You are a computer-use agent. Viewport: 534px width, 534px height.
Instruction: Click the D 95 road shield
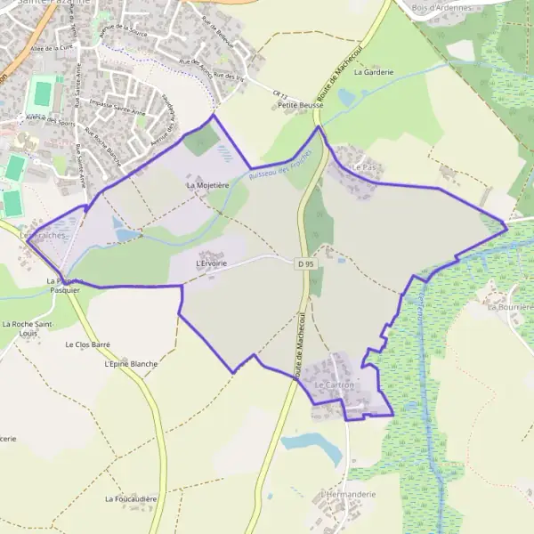pos(306,263)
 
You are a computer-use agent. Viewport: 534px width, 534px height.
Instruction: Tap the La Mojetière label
pos(207,185)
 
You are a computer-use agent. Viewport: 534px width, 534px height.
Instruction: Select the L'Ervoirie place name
pos(211,263)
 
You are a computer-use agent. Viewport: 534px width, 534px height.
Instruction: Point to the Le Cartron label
pos(335,385)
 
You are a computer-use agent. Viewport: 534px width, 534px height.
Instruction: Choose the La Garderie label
pos(373,73)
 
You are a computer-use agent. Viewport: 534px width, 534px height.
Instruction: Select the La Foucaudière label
pos(131,499)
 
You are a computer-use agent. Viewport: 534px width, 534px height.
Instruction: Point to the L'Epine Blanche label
pos(131,364)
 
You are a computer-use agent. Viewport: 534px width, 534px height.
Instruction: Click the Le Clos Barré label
pos(86,344)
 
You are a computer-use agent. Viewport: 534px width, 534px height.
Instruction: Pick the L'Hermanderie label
pos(349,494)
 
